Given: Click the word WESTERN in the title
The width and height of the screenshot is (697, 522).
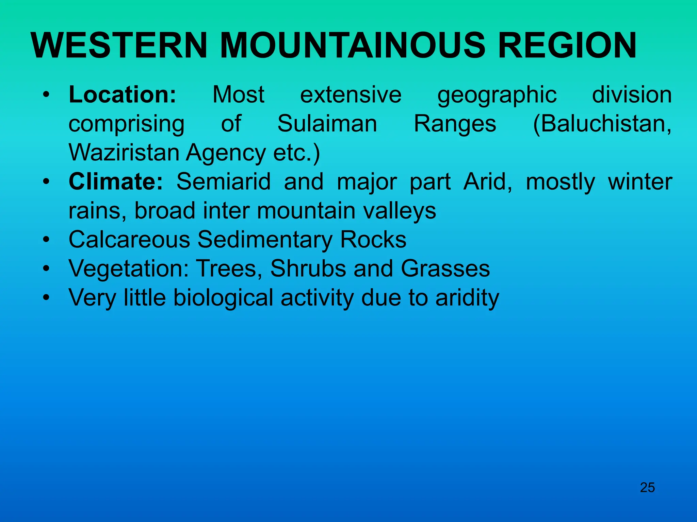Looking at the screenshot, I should (119, 46).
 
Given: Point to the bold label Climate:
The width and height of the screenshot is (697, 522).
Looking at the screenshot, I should (116, 181).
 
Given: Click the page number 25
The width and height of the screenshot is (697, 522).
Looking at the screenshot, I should (647, 488).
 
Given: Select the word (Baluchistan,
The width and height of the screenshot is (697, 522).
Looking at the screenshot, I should (602, 124).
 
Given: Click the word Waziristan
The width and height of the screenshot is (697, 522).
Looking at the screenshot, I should (124, 153).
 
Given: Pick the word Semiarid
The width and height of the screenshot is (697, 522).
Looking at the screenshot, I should (224, 181).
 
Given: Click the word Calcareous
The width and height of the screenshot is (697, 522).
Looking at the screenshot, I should (129, 240).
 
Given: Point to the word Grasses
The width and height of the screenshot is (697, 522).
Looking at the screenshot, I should (445, 268).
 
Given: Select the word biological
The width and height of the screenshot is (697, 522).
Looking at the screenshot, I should (223, 298).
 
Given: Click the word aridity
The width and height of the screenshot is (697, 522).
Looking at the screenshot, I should (467, 298).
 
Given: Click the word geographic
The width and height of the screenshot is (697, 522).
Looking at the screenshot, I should (497, 95).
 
